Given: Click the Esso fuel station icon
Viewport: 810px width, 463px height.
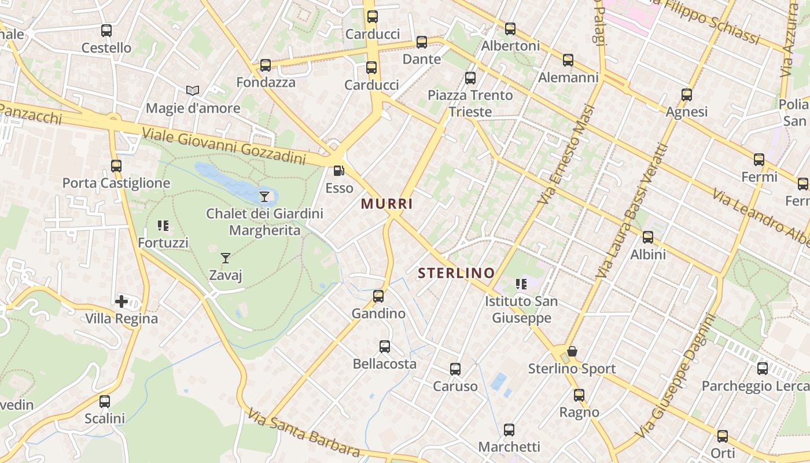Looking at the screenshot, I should (338, 171).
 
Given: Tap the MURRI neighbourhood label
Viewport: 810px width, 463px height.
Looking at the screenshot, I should (387, 204).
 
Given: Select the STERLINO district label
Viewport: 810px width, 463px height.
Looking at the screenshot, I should (456, 273).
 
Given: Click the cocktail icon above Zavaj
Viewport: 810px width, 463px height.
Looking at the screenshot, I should (226, 258).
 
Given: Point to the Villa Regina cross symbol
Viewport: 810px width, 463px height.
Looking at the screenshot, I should (122, 302).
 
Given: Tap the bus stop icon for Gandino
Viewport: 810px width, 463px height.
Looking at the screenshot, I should (378, 296).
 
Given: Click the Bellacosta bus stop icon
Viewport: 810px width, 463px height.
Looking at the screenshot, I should (385, 347).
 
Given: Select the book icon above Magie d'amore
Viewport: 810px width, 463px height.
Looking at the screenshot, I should (193, 91).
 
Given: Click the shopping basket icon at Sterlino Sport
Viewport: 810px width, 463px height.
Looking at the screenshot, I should (572, 351).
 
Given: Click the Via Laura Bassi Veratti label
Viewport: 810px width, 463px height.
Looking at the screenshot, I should (632, 211).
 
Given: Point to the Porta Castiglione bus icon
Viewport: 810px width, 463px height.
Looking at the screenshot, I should (116, 166).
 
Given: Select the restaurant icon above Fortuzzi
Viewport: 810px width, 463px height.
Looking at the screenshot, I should (163, 226).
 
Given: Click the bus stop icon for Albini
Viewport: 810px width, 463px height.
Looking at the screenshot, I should (648, 237).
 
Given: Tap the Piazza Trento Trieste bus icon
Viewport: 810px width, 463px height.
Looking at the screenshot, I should (470, 78).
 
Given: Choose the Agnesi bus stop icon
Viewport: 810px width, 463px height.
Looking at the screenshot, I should (687, 95).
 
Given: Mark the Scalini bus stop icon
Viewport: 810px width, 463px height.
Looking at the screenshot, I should (105, 401).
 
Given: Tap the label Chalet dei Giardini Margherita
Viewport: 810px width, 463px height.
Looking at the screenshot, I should (265, 222).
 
